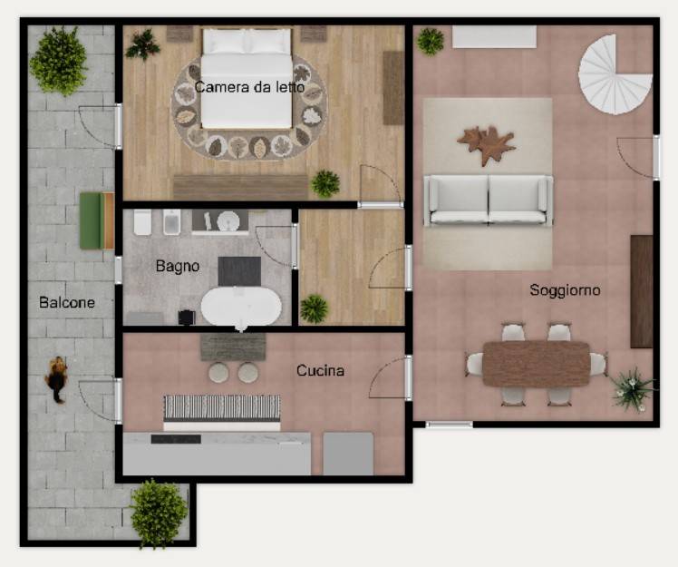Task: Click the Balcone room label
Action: [67, 302]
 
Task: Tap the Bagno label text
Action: [178, 266]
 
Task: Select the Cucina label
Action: [320, 370]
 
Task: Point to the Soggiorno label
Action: [565, 289]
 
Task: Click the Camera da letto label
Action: [249, 87]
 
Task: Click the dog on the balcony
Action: [56, 378]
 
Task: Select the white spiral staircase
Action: [615, 74]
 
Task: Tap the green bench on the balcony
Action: [97, 220]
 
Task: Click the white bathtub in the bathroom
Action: [241, 308]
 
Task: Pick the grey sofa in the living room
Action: [489, 200]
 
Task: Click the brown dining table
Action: [537, 364]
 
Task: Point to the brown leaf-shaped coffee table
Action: [487, 144]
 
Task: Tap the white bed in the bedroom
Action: [247, 78]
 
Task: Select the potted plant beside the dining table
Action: [633, 388]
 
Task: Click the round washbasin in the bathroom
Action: [228, 221]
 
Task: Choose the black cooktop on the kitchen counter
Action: [176, 439]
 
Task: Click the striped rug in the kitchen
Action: [222, 407]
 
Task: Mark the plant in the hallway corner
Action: [315, 308]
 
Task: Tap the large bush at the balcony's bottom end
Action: [159, 513]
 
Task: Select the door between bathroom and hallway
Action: [295, 246]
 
